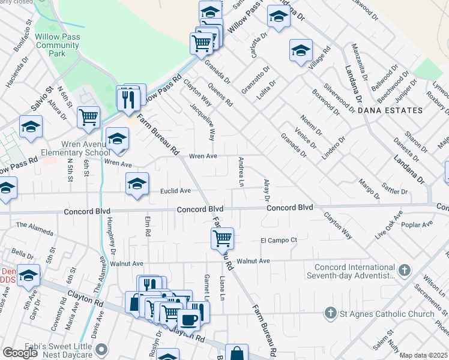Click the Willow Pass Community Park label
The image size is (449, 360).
click(57, 44)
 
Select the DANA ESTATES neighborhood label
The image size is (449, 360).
click(390, 111)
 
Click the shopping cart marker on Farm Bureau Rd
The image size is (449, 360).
click(222, 238)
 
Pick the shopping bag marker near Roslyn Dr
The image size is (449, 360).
click(237, 353)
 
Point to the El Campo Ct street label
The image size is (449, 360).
click(279, 240)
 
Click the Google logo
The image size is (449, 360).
click(20, 353)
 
